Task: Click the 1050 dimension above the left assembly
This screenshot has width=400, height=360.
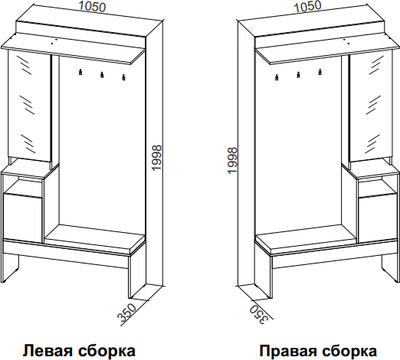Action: (x=76, y=7)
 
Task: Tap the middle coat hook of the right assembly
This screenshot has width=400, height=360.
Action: (x=297, y=77)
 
